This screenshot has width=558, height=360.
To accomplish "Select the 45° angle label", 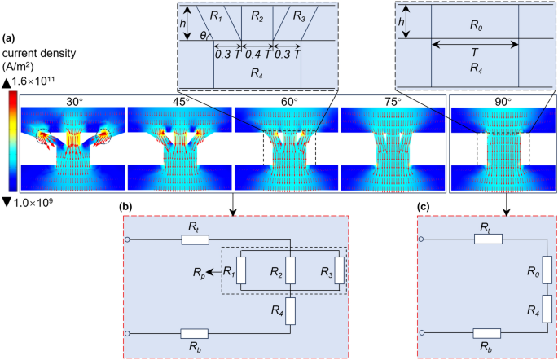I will [181, 102].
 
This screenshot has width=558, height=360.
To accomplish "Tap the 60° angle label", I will [288, 102].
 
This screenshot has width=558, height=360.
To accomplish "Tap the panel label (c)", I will [425, 208].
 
